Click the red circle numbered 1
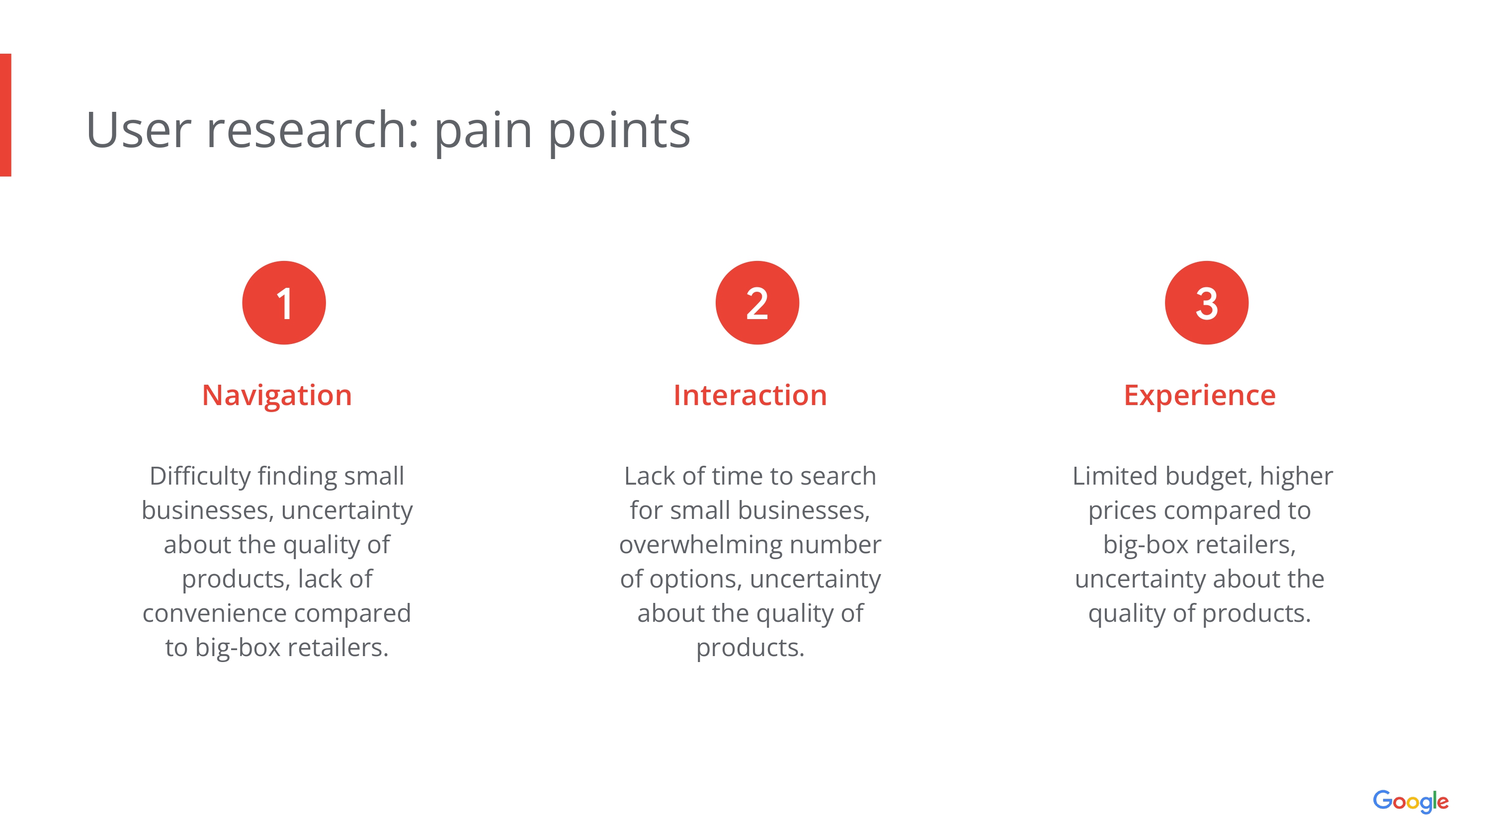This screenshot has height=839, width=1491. [x=284, y=303]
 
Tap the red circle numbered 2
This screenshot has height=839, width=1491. [x=757, y=303]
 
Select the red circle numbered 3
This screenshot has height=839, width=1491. [x=1206, y=303]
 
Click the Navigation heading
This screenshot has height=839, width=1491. [x=277, y=397]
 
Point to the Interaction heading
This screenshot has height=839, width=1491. [x=750, y=396]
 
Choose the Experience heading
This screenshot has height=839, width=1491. [x=1199, y=397]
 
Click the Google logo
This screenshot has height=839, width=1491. [x=1410, y=801]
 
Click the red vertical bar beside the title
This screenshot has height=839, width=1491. [x=6, y=115]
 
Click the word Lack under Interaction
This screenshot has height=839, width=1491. [x=650, y=476]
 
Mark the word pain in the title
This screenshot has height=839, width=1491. [x=483, y=132]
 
